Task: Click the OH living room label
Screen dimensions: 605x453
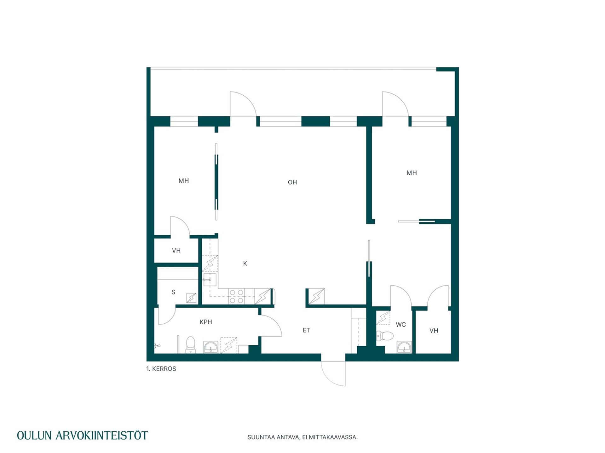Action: [292, 182]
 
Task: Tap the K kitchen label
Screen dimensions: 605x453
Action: [245, 263]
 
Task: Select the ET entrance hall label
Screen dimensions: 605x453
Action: [306, 330]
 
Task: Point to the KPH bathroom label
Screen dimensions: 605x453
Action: [205, 322]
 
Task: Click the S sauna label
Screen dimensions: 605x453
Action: [173, 292]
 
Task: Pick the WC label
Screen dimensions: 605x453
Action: [400, 324]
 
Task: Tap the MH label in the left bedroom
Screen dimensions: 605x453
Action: [184, 181]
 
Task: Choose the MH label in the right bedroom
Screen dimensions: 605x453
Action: [412, 173]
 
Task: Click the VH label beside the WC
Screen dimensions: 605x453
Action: [434, 330]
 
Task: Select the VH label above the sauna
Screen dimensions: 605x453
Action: [176, 250]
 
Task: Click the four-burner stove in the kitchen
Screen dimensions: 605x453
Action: [236, 296]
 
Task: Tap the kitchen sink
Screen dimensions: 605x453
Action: [210, 279]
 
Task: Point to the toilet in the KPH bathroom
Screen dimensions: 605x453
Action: [191, 345]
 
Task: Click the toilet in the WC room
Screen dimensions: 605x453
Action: [385, 336]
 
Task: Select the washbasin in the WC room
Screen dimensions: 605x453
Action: [404, 347]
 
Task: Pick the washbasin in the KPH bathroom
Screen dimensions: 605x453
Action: [211, 347]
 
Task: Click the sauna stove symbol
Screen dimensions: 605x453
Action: [191, 298]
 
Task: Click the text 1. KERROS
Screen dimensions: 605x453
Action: [161, 369]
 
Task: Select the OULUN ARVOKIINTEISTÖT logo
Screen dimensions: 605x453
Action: [82, 435]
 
